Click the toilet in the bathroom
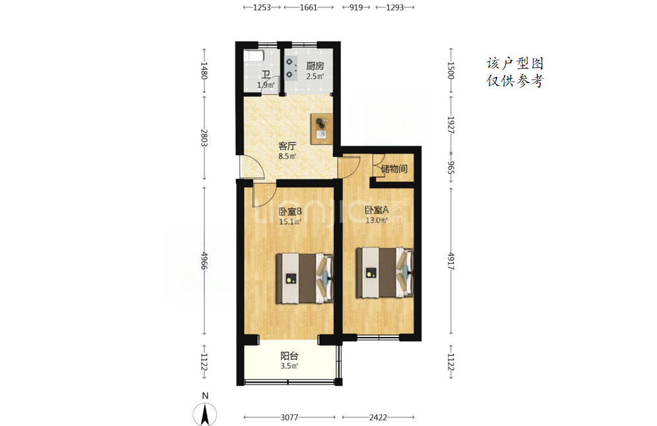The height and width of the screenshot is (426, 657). coord(254,56)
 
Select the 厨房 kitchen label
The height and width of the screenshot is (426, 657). coord(315,66)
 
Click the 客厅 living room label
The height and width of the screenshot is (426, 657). coord(288,146)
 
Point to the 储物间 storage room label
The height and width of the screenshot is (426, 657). coord(394,169)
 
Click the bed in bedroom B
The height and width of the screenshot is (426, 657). coord(305,278)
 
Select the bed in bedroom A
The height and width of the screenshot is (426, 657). coord(385,273)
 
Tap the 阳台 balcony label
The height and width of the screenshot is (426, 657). coord(289,356)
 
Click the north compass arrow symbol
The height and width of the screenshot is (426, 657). coord(205,414)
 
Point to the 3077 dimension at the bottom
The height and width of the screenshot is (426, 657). coord(289,417)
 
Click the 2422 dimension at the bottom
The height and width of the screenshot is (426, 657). coord(378,417)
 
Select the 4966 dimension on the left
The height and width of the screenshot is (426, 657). coord(204,261)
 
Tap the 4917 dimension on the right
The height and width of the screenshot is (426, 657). coord(451,261)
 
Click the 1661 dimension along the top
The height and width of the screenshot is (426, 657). coord(309,7)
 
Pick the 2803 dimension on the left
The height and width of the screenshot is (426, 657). coord(204,137)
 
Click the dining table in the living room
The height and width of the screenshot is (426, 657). coord(322,129)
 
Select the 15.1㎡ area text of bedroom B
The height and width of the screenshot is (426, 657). coord(290,222)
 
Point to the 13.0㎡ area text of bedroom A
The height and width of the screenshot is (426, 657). coord(377,220)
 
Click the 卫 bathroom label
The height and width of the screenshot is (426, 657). coord(266,75)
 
